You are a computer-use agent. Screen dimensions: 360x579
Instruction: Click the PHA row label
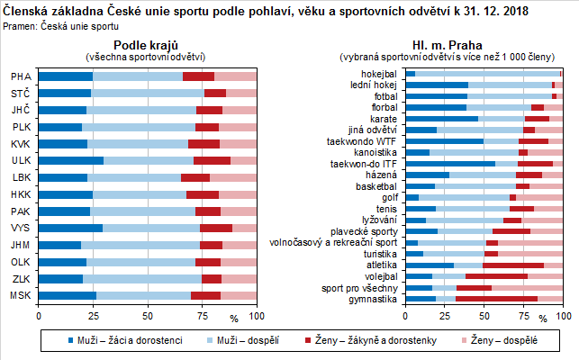[x=20, y=76]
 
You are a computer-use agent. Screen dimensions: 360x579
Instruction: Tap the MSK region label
[x=20, y=295]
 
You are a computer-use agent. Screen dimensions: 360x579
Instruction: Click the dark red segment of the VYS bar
[x=216, y=228]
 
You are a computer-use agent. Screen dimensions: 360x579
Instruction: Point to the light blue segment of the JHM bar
[x=140, y=245]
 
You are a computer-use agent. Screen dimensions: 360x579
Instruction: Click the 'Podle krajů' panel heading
[x=147, y=45]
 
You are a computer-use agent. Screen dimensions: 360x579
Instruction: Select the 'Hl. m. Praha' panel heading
[x=446, y=45]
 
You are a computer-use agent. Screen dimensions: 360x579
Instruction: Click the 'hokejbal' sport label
[x=379, y=74]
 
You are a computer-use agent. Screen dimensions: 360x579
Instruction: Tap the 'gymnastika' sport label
[x=373, y=298]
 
